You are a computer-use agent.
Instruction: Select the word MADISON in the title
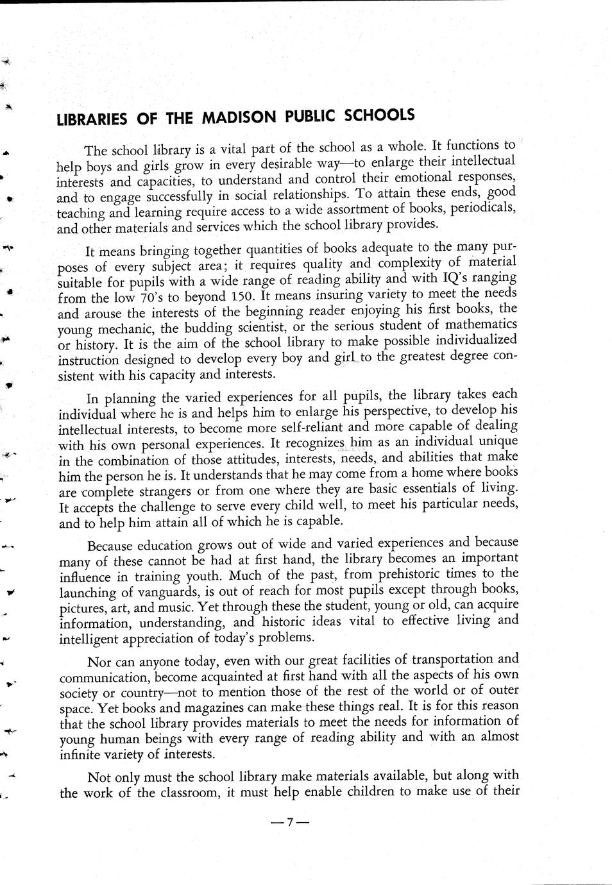pyautogui.click(x=240, y=117)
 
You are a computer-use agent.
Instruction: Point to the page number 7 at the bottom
pyautogui.click(x=289, y=822)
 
